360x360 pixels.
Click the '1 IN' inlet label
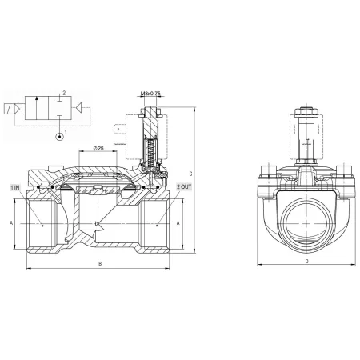coord(15,187)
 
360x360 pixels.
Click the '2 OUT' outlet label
coord(184,186)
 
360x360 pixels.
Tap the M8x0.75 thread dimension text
coord(150,94)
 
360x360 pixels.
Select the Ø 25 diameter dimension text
coord(98,148)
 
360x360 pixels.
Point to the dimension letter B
coord(100,264)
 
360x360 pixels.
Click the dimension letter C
coord(190,174)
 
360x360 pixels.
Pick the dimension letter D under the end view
coord(306,262)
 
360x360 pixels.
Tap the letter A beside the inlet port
coord(11,223)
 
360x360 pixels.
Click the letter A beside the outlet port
coord(178,223)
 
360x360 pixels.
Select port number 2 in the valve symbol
coord(64,93)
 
